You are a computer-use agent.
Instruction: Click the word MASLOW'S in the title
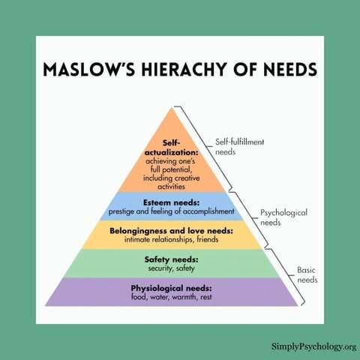(88, 69)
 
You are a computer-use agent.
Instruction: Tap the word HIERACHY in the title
(184, 69)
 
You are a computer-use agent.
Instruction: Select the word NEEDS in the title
(290, 69)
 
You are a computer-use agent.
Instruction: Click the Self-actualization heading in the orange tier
(172, 148)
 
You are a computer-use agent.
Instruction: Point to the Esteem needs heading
(172, 202)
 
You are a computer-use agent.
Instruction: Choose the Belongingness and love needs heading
(171, 230)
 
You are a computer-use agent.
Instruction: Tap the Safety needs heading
(171, 259)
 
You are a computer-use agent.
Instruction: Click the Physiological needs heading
(171, 288)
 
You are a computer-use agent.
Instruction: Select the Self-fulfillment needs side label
(239, 147)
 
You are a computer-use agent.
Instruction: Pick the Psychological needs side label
(283, 217)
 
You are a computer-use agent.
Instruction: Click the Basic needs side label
(307, 274)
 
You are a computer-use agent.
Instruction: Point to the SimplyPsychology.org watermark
(313, 346)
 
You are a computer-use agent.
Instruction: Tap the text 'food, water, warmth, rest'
(172, 297)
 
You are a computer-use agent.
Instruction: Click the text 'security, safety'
(171, 268)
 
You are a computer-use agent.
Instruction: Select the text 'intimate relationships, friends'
(171, 239)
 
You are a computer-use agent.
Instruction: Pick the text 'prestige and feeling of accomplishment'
(172, 211)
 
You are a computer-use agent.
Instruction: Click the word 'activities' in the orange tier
(172, 187)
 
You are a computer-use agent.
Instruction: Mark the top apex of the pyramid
(172, 107)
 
